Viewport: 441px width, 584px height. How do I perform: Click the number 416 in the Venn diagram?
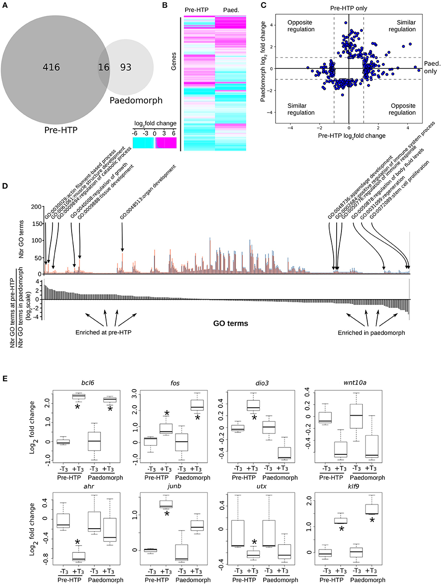click(x=51, y=67)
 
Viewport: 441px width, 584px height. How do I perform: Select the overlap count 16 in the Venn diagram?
click(x=104, y=67)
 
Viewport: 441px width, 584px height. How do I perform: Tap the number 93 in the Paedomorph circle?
click(x=126, y=67)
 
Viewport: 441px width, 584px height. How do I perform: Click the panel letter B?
click(x=165, y=5)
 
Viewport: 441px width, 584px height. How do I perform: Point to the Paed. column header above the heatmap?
click(x=231, y=10)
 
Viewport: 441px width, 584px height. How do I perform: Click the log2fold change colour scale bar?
click(x=155, y=143)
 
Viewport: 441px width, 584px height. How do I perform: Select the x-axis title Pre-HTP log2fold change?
click(x=352, y=136)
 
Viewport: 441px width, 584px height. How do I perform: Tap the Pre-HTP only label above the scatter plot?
click(x=349, y=8)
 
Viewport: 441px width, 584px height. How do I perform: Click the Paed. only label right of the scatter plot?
click(x=431, y=67)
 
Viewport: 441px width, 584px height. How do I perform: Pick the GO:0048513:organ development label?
click(x=148, y=192)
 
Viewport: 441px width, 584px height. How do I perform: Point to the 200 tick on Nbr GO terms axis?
click(x=37, y=207)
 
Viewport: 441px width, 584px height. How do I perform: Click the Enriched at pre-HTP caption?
click(x=103, y=332)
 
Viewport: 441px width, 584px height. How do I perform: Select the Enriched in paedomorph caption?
click(x=371, y=333)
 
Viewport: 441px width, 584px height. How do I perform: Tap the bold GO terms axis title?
click(x=231, y=324)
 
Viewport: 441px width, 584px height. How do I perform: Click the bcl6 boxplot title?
click(x=88, y=383)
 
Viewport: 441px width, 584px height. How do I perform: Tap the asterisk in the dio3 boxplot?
click(x=254, y=418)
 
